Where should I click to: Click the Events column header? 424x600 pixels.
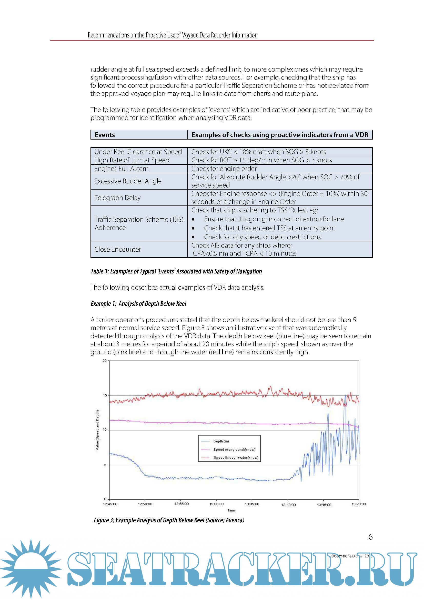(x=105, y=135)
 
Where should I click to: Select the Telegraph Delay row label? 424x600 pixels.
(x=117, y=198)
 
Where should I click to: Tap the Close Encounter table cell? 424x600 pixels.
(x=118, y=249)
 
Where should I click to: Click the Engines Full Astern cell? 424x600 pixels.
(x=122, y=169)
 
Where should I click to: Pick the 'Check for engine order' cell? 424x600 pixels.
(x=224, y=169)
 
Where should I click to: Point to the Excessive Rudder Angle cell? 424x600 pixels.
(x=128, y=181)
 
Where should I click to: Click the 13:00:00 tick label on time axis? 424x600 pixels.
(x=216, y=504)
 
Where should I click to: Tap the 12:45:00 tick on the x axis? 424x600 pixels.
(x=110, y=504)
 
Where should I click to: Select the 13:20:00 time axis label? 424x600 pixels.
(x=358, y=504)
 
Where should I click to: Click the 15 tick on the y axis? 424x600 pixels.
(x=105, y=395)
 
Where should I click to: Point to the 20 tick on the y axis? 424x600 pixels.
(x=104, y=361)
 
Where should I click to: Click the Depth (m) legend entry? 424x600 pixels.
(x=221, y=441)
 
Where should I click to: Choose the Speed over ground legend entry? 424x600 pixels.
(x=234, y=449)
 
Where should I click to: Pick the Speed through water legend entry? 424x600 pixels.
(x=236, y=458)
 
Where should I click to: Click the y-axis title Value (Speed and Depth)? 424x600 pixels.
(x=97, y=430)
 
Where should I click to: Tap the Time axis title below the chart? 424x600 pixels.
(x=231, y=510)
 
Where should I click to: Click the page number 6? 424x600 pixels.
(x=370, y=537)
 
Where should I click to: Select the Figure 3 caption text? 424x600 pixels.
(x=169, y=520)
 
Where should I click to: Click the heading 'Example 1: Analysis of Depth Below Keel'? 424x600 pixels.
(x=139, y=304)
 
